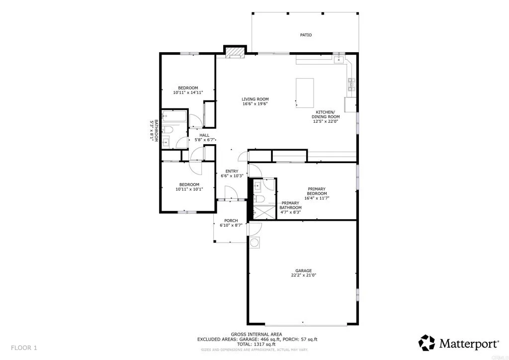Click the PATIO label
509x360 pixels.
click(306, 35)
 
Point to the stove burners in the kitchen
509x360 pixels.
click(351, 85)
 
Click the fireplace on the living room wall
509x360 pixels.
click(235, 52)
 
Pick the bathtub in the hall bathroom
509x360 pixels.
click(173, 118)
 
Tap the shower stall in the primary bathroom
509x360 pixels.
click(264, 212)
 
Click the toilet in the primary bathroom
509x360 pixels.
click(258, 199)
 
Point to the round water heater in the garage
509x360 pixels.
click(255, 243)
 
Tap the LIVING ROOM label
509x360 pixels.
click(255, 99)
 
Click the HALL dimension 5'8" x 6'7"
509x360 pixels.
click(204, 140)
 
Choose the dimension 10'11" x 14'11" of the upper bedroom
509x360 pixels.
click(188, 92)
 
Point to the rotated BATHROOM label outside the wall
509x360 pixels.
click(154, 131)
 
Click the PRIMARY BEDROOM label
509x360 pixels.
click(317, 191)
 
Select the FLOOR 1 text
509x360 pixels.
click(24, 347)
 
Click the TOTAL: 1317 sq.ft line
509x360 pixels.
click(256, 344)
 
